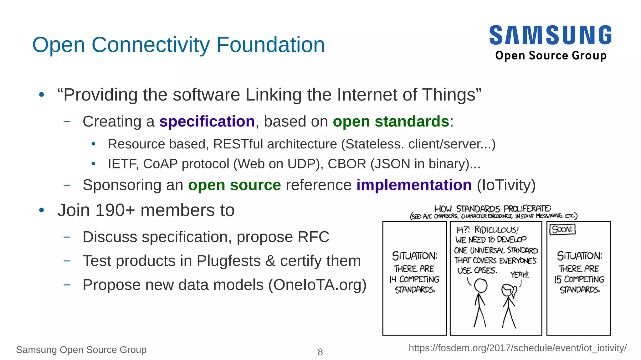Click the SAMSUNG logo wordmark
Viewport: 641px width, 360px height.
tap(550, 35)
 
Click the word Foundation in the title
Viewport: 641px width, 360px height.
tap(270, 45)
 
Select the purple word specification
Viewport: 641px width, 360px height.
tap(207, 121)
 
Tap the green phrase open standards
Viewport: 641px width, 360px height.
tap(391, 121)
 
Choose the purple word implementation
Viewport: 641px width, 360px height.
tap(414, 185)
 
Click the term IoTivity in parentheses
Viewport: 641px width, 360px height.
tap(506, 185)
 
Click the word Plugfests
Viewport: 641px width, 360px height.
tap(228, 261)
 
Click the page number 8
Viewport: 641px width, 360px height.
tap(320, 352)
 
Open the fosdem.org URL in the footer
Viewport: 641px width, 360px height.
tap(517, 348)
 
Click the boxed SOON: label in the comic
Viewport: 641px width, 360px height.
tap(562, 229)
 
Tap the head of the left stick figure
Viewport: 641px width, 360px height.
tap(480, 285)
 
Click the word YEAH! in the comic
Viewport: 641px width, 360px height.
tap(520, 275)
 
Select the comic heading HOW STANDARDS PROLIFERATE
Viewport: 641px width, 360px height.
tap(493, 208)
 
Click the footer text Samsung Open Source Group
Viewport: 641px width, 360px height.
tap(81, 350)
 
